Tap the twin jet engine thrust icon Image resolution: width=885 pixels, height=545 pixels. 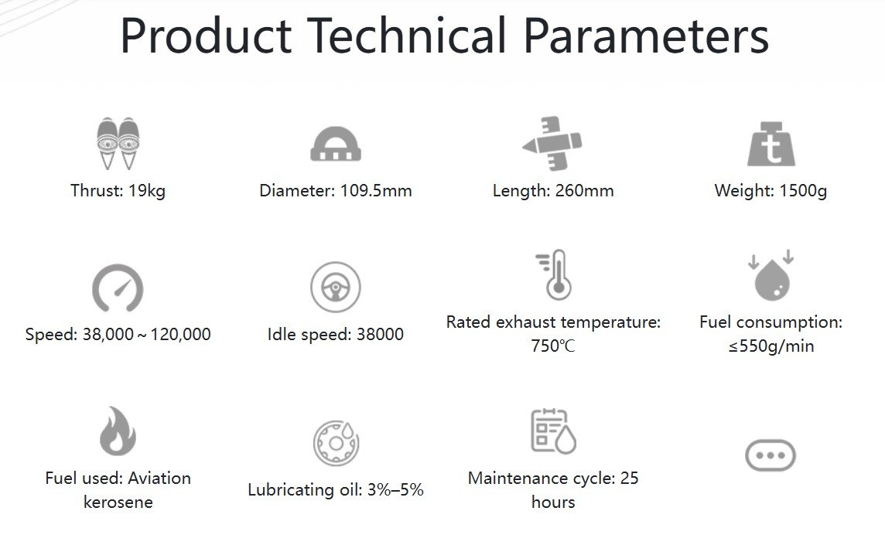tap(118, 143)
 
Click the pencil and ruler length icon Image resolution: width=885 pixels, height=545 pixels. tap(552, 143)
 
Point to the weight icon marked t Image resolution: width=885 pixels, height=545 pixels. tap(771, 144)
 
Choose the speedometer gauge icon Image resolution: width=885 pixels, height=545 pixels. tap(118, 288)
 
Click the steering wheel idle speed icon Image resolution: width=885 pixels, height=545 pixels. tap(335, 287)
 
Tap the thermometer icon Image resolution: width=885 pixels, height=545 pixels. tap(555, 274)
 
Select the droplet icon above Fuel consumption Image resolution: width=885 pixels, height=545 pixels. tap(771, 275)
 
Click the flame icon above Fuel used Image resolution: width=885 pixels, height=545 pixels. tap(118, 431)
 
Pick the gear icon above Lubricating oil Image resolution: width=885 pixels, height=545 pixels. tap(336, 443)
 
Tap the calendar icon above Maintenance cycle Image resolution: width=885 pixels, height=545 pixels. tap(553, 431)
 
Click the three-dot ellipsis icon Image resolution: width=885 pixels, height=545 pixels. tap(771, 455)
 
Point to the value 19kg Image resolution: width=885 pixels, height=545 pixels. tap(147, 191)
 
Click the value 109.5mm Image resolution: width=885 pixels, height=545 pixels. tap(376, 191)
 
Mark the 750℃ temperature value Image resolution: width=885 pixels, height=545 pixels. tap(553, 346)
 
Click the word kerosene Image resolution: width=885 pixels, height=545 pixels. tap(118, 502)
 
